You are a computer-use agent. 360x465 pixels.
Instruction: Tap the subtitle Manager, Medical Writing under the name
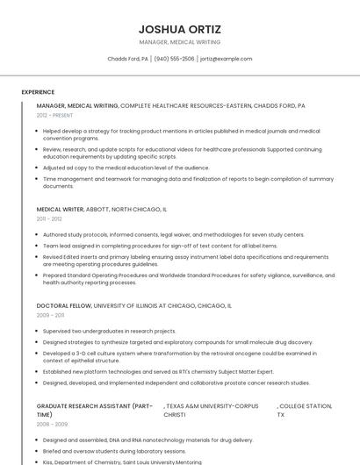(x=179, y=42)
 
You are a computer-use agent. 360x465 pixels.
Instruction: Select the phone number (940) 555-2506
(x=174, y=59)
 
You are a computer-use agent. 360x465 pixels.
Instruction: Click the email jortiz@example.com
(x=226, y=59)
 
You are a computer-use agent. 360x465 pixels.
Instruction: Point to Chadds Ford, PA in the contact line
(x=127, y=59)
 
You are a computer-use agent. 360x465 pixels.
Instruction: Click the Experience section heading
(x=38, y=92)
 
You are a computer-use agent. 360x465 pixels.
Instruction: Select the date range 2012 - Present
(x=54, y=115)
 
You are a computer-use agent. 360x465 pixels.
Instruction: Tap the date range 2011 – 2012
(x=49, y=219)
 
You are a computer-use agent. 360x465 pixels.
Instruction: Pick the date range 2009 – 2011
(x=50, y=315)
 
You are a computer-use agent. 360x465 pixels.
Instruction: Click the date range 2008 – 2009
(x=51, y=424)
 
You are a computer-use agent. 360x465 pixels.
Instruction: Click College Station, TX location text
(x=305, y=411)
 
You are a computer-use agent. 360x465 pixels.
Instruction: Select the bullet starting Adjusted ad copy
(x=126, y=168)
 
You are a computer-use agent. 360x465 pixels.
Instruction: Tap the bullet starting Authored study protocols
(x=173, y=235)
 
